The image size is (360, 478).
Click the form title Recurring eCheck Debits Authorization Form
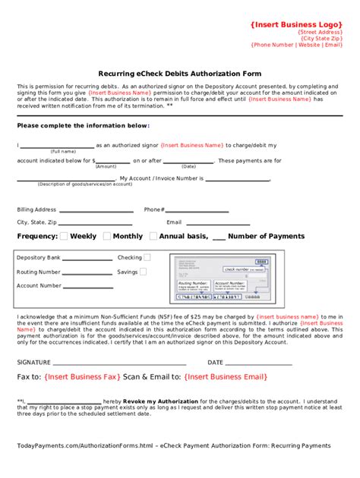(x=179, y=74)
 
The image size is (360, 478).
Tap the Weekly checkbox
(x=64, y=236)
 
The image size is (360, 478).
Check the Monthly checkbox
(x=107, y=236)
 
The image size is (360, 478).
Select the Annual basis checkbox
(x=153, y=236)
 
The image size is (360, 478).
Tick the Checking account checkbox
(x=147, y=258)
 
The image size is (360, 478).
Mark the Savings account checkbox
(x=144, y=272)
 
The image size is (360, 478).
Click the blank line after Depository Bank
(x=87, y=259)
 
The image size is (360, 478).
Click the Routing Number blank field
(x=87, y=272)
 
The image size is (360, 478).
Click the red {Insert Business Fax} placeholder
(x=82, y=376)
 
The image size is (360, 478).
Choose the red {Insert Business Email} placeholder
(x=226, y=376)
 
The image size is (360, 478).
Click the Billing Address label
(x=36, y=209)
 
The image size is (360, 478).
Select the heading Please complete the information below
(x=84, y=125)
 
